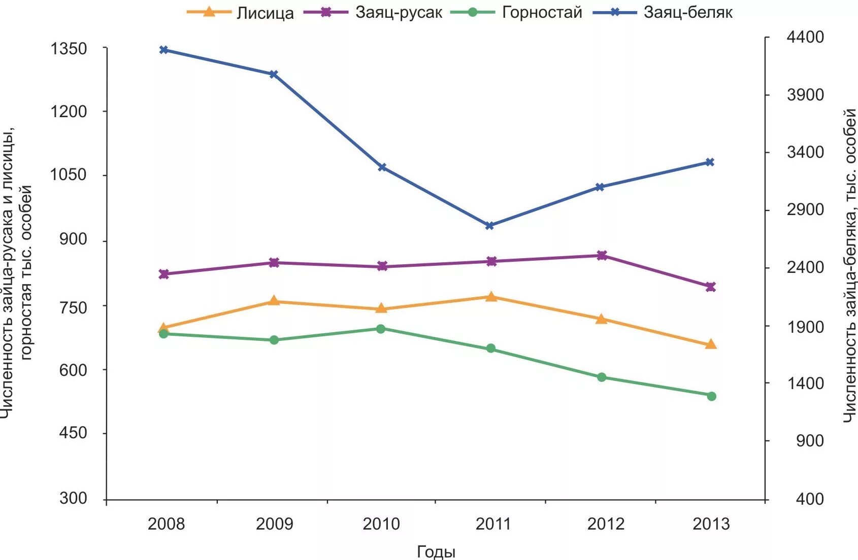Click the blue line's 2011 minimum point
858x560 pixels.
(x=490, y=226)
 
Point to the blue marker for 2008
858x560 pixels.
(x=163, y=50)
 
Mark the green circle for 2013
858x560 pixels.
(x=711, y=396)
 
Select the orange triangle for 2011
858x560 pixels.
(x=491, y=297)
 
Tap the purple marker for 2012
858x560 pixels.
(x=602, y=255)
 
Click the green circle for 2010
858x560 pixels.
(x=381, y=329)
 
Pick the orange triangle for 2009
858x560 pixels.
(x=274, y=301)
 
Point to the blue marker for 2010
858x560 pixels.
(x=382, y=167)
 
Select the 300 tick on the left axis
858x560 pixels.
(x=73, y=498)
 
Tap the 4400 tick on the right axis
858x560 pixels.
(x=805, y=37)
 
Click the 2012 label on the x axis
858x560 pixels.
(x=606, y=524)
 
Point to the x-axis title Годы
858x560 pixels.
(x=436, y=552)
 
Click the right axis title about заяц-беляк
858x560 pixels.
(x=850, y=266)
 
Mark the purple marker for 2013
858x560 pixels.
(x=710, y=287)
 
